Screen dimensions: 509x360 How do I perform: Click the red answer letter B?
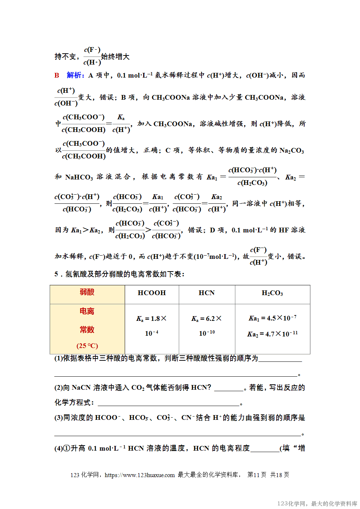[57, 75]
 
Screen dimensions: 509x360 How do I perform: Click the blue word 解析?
[75, 75]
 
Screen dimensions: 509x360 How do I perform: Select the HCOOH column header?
[152, 293]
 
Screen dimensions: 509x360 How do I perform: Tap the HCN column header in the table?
[207, 293]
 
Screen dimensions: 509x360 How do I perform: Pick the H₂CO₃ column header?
[272, 293]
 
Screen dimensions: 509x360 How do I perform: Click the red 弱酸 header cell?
[87, 292]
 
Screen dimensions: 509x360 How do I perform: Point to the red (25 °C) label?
[87, 346]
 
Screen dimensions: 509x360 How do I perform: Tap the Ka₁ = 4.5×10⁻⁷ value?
[272, 318]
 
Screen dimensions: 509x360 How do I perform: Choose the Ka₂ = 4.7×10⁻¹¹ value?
[272, 334]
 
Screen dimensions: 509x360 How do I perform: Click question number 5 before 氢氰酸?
[57, 274]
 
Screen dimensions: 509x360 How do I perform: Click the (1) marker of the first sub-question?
[58, 359]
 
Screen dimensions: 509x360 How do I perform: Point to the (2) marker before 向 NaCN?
[58, 388]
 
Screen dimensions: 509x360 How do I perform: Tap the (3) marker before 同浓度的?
[58, 418]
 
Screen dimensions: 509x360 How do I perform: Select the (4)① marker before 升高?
[62, 448]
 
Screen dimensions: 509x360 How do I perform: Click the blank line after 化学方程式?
[169, 403]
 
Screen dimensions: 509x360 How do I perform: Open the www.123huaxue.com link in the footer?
[140, 475]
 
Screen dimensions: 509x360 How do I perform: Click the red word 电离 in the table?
[87, 311]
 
